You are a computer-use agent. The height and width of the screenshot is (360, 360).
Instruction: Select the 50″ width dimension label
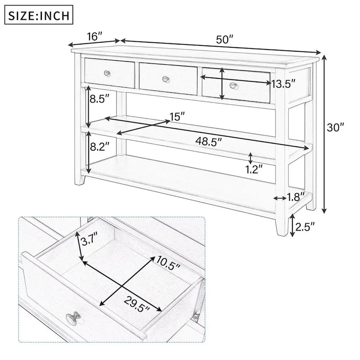225,39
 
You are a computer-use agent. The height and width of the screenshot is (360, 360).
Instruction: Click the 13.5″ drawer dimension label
283,83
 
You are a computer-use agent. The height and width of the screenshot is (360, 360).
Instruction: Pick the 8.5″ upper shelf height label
99,99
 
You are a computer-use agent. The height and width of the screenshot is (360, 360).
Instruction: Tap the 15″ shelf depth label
177,117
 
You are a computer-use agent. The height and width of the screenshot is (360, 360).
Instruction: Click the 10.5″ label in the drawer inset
168,261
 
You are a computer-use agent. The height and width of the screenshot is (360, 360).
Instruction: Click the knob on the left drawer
107,73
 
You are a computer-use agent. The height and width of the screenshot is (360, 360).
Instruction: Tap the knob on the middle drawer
165,79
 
